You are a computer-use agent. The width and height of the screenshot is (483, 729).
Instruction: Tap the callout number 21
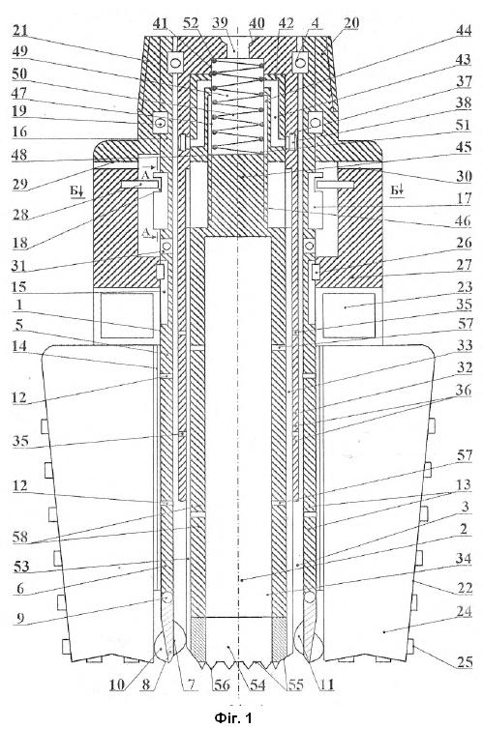point(20,31)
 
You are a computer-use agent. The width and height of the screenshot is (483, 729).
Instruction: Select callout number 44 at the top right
point(463,30)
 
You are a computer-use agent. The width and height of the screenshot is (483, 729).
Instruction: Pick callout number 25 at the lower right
point(464,661)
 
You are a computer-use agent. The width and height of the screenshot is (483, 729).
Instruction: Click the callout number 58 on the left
point(21,537)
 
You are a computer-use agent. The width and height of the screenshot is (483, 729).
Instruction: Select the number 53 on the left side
point(21,567)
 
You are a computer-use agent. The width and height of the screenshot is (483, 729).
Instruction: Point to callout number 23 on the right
point(464,286)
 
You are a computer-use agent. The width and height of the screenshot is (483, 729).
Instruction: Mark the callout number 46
point(464,220)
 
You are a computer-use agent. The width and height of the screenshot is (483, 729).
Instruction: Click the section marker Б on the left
point(76,190)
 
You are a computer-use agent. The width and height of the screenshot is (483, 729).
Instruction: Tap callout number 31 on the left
point(20,266)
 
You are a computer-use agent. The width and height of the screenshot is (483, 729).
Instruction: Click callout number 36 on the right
point(464,390)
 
